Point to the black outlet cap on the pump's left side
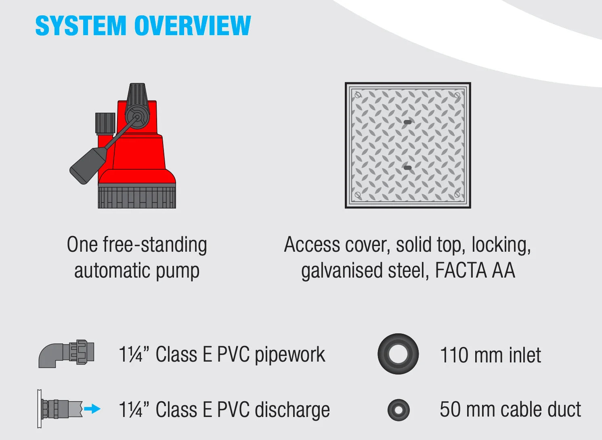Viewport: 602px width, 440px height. tap(105, 123)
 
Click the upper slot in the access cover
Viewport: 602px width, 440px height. tap(408, 122)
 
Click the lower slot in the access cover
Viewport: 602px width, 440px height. tap(408, 168)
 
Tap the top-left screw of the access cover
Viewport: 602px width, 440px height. tap(358, 95)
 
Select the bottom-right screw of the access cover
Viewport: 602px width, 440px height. tap(457, 195)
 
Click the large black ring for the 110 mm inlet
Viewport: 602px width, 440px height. tap(398, 354)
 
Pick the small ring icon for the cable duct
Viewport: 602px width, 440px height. tap(398, 410)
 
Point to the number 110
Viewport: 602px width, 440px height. tap(454, 355)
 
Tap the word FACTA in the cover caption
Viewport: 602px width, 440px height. tap(461, 271)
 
